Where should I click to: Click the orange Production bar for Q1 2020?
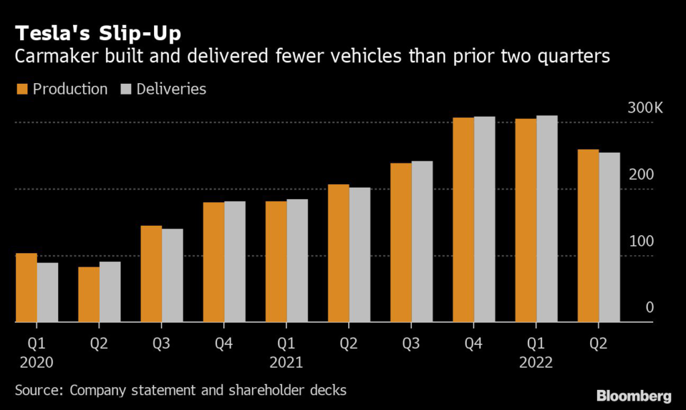pyautogui.click(x=26, y=288)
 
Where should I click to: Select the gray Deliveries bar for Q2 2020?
pyautogui.click(x=110, y=292)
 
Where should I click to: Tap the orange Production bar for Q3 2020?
pyautogui.click(x=151, y=274)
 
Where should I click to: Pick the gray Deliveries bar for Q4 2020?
pyautogui.click(x=234, y=262)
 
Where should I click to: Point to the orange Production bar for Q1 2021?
pyautogui.click(x=276, y=262)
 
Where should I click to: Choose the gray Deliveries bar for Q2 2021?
pyautogui.click(x=359, y=255)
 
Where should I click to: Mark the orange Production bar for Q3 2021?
pyautogui.click(x=401, y=243)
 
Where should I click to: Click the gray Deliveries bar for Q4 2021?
pyautogui.click(x=484, y=220)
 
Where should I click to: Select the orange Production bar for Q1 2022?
pyautogui.click(x=526, y=220)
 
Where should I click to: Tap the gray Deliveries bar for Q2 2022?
pyautogui.click(x=609, y=238)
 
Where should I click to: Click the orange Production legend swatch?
pyautogui.click(x=21, y=89)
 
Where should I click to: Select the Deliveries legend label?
pyautogui.click(x=171, y=89)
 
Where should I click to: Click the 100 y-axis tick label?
pyautogui.click(x=641, y=241)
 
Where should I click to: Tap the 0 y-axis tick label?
pyautogui.click(x=649, y=307)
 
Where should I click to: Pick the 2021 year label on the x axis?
pyautogui.click(x=286, y=363)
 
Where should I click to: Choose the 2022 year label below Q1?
pyautogui.click(x=536, y=363)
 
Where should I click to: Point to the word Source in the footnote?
pyautogui.click(x=36, y=390)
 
